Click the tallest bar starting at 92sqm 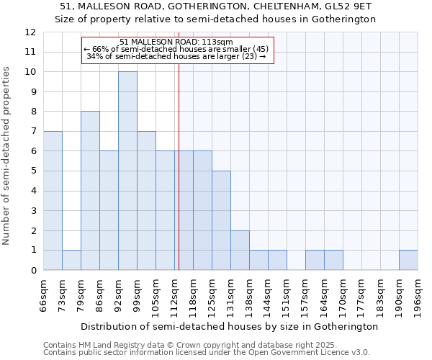pos(127,171)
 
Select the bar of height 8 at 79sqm pos(90,191)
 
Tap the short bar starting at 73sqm pos(71,260)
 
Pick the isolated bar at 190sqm pos(408,260)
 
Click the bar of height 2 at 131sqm pos(240,250)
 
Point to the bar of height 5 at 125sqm pos(221,220)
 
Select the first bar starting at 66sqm pos(53,200)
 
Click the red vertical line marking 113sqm pos(179,166)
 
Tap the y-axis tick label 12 pos(30,32)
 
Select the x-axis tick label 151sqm pos(287,295)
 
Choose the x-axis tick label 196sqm pos(418,295)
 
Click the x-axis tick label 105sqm pos(156,295)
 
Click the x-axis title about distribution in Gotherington pos(230,326)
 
